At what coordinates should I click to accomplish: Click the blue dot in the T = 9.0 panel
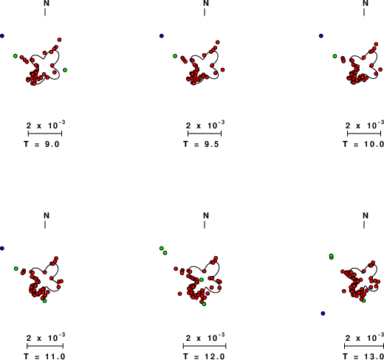pos(2,36)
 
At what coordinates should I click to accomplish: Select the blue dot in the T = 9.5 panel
pos(162,36)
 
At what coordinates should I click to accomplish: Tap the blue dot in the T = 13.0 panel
pos(323,314)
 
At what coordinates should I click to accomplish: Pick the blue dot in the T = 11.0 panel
pos(2,249)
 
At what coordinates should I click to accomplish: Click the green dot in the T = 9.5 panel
pos(175,56)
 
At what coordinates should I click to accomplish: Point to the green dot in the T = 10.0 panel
pos(335,56)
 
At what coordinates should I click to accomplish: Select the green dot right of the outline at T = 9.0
pos(65,70)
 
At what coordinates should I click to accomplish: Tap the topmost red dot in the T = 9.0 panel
pos(59,40)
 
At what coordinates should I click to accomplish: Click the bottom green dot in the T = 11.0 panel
pos(44,301)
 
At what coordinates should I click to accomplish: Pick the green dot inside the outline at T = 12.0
pos(202,280)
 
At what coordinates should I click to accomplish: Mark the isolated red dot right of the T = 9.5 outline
pos(222,70)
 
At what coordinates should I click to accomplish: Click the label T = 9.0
pos(41,144)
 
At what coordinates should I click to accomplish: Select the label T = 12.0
pos(204,356)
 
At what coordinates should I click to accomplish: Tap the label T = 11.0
pos(44,356)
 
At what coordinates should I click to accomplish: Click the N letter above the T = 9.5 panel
pos(206,3)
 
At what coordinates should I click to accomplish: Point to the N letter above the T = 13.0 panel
pos(366,215)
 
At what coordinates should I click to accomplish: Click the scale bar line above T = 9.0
pos(45,134)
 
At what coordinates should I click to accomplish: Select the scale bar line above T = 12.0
pos(205,346)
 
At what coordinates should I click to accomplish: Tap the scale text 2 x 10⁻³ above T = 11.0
pos(46,338)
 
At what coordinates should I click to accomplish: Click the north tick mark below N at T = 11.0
pos(45,225)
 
